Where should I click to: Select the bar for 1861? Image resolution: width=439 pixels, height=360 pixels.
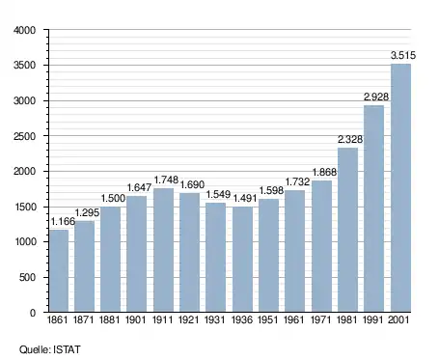pyautogui.click(x=59, y=270)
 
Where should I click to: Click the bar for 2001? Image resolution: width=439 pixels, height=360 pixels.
pyautogui.click(x=400, y=188)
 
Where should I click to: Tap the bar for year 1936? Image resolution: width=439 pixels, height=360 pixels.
pyautogui.click(x=242, y=259)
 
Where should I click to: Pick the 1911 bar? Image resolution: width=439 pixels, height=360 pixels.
pyautogui.click(x=163, y=250)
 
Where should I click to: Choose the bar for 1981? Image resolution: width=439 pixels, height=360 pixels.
pyautogui.click(x=347, y=230)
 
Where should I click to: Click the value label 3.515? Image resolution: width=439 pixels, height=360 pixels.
pyautogui.click(x=403, y=55)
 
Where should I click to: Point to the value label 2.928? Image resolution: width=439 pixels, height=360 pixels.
pyautogui.click(x=376, y=97)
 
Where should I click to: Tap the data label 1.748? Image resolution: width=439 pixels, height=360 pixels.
pyautogui.click(x=166, y=180)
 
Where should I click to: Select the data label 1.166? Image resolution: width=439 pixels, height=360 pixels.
pyautogui.click(x=63, y=221)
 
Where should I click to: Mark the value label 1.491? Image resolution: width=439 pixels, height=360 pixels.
pyautogui.click(x=245, y=198)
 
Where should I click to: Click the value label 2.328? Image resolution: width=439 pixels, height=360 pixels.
pyautogui.click(x=350, y=139)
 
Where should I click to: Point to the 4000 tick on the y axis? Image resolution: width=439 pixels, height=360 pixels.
pyautogui.click(x=24, y=30)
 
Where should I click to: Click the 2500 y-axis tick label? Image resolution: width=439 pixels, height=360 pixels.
pyautogui.click(x=24, y=136)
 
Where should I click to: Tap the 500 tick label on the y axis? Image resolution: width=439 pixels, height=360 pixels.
pyautogui.click(x=27, y=277)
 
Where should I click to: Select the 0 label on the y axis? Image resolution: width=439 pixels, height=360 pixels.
pyautogui.click(x=33, y=313)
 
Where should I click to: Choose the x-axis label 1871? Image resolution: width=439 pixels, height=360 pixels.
pyautogui.click(x=83, y=320)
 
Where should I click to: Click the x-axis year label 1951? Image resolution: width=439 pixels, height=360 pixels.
pyautogui.click(x=268, y=320)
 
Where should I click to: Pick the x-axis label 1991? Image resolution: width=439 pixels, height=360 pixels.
pyautogui.click(x=373, y=320)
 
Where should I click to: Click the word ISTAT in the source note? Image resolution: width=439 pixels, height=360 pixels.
pyautogui.click(x=67, y=349)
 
